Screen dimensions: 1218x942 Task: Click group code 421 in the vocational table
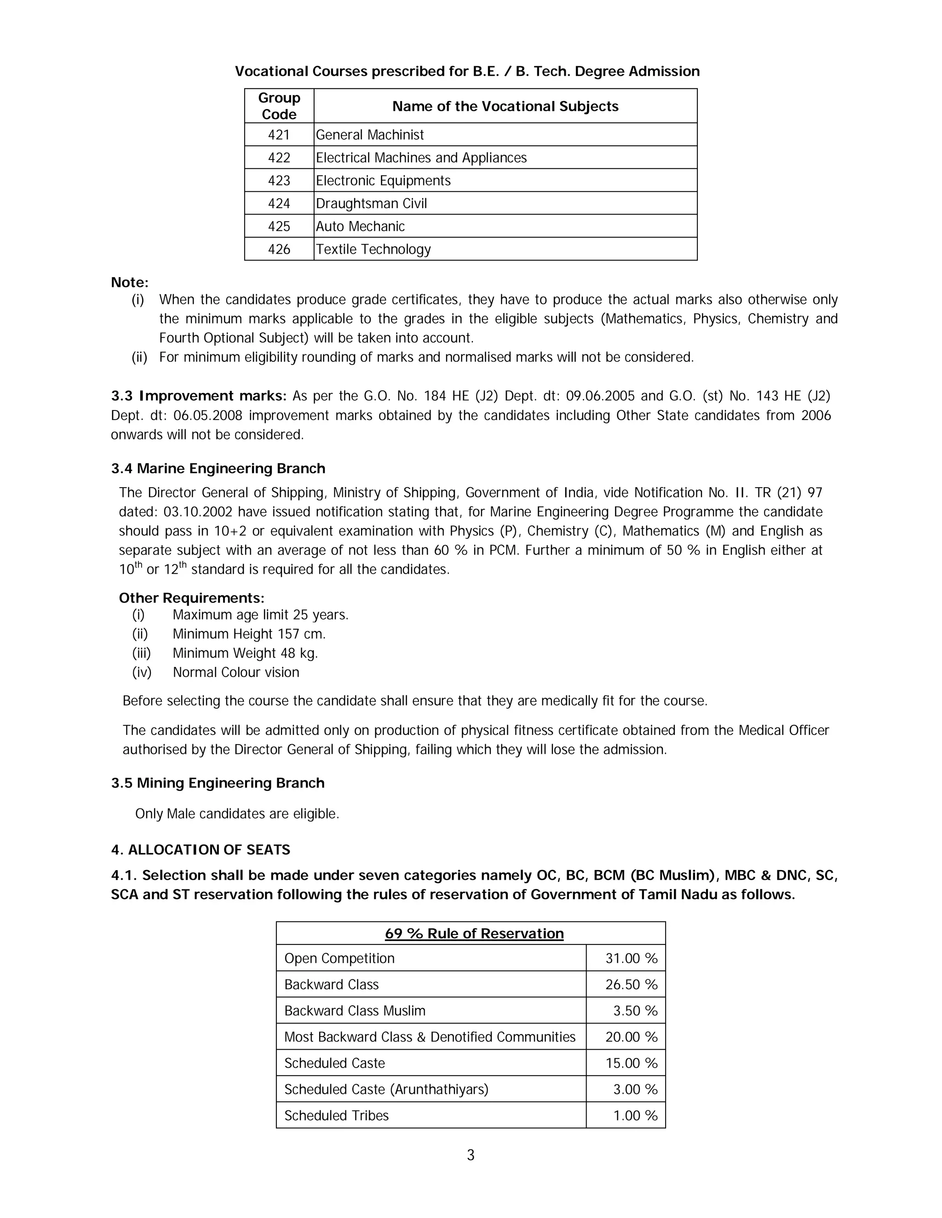pos(279,135)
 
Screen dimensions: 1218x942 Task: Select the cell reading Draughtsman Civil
pos(371,204)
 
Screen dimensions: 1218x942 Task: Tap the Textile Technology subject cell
pos(373,249)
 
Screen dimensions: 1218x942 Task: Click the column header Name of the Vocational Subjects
pos(505,107)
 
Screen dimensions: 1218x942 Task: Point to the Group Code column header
pos(279,106)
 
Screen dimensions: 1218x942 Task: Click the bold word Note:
pos(129,282)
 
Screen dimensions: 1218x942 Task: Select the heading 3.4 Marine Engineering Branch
pos(218,468)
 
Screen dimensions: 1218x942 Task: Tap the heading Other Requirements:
pos(191,598)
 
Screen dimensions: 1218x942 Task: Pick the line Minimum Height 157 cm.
pos(249,634)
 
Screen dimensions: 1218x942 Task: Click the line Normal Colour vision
pos(235,672)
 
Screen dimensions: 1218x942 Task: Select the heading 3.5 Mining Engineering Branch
pos(218,783)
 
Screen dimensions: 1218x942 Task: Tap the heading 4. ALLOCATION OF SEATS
pos(201,850)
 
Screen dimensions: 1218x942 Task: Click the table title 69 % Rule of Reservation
pos(474,933)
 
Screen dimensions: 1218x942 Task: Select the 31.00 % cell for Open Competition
pos(631,959)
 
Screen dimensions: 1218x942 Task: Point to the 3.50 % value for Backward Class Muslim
pos(635,1011)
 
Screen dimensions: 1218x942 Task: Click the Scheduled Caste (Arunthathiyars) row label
pos(386,1090)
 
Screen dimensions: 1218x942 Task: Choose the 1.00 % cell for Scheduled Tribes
pos(635,1116)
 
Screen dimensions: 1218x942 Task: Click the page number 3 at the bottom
pos(471,1155)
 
